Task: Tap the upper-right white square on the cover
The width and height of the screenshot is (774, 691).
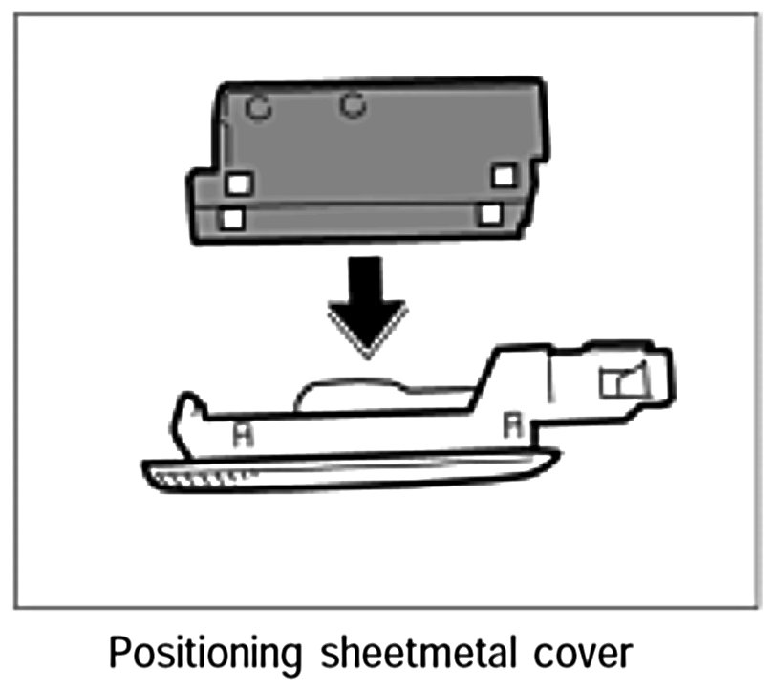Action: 504,176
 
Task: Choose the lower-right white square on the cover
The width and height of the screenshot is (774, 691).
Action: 490,213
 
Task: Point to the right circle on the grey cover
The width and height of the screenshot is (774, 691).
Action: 354,105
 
